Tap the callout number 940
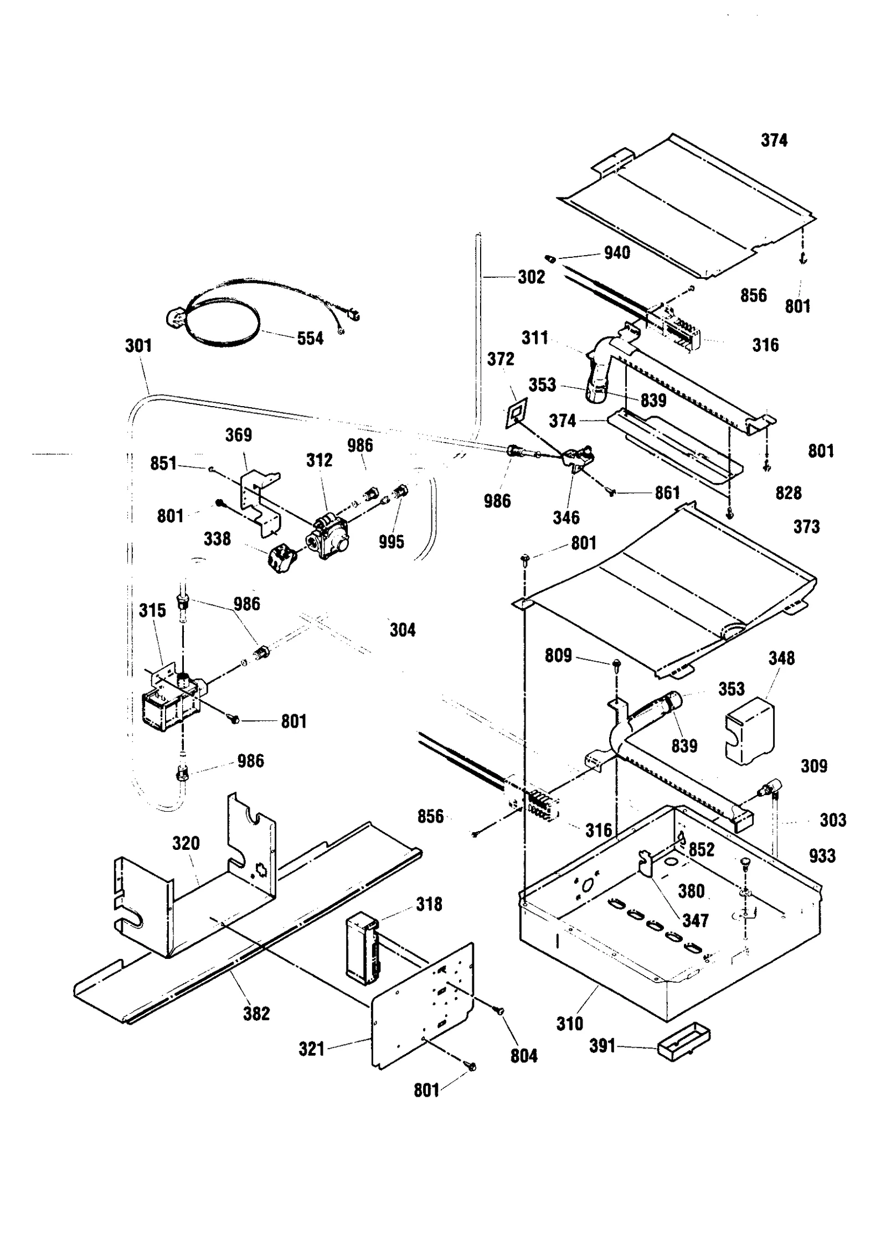(x=617, y=253)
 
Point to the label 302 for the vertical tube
(x=531, y=277)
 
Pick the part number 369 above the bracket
(x=238, y=435)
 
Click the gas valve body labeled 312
(x=328, y=535)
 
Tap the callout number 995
(x=391, y=542)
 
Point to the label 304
(x=402, y=630)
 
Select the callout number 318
(x=429, y=904)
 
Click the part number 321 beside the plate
(x=311, y=1049)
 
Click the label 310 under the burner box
(x=570, y=1024)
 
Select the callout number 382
(x=256, y=1014)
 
